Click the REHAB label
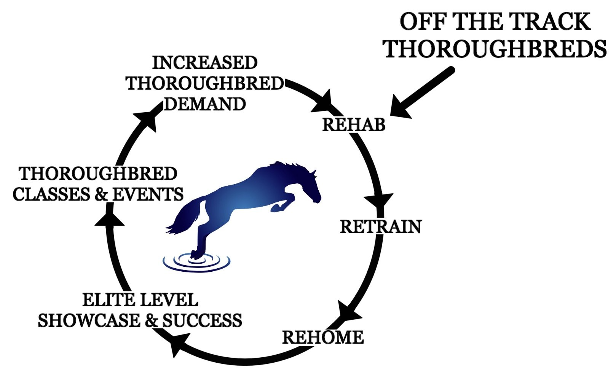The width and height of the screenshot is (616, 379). pyautogui.click(x=354, y=125)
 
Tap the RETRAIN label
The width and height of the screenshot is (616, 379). pyautogui.click(x=381, y=227)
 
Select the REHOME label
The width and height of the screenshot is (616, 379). pyautogui.click(x=323, y=337)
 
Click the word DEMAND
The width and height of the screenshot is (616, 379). pyautogui.click(x=205, y=104)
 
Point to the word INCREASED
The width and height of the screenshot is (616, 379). pyautogui.click(x=205, y=63)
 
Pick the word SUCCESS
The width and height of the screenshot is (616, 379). pyautogui.click(x=202, y=320)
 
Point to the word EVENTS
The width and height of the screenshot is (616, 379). pyautogui.click(x=148, y=194)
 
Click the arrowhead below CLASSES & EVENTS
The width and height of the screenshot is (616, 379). pyautogui.click(x=109, y=218)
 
